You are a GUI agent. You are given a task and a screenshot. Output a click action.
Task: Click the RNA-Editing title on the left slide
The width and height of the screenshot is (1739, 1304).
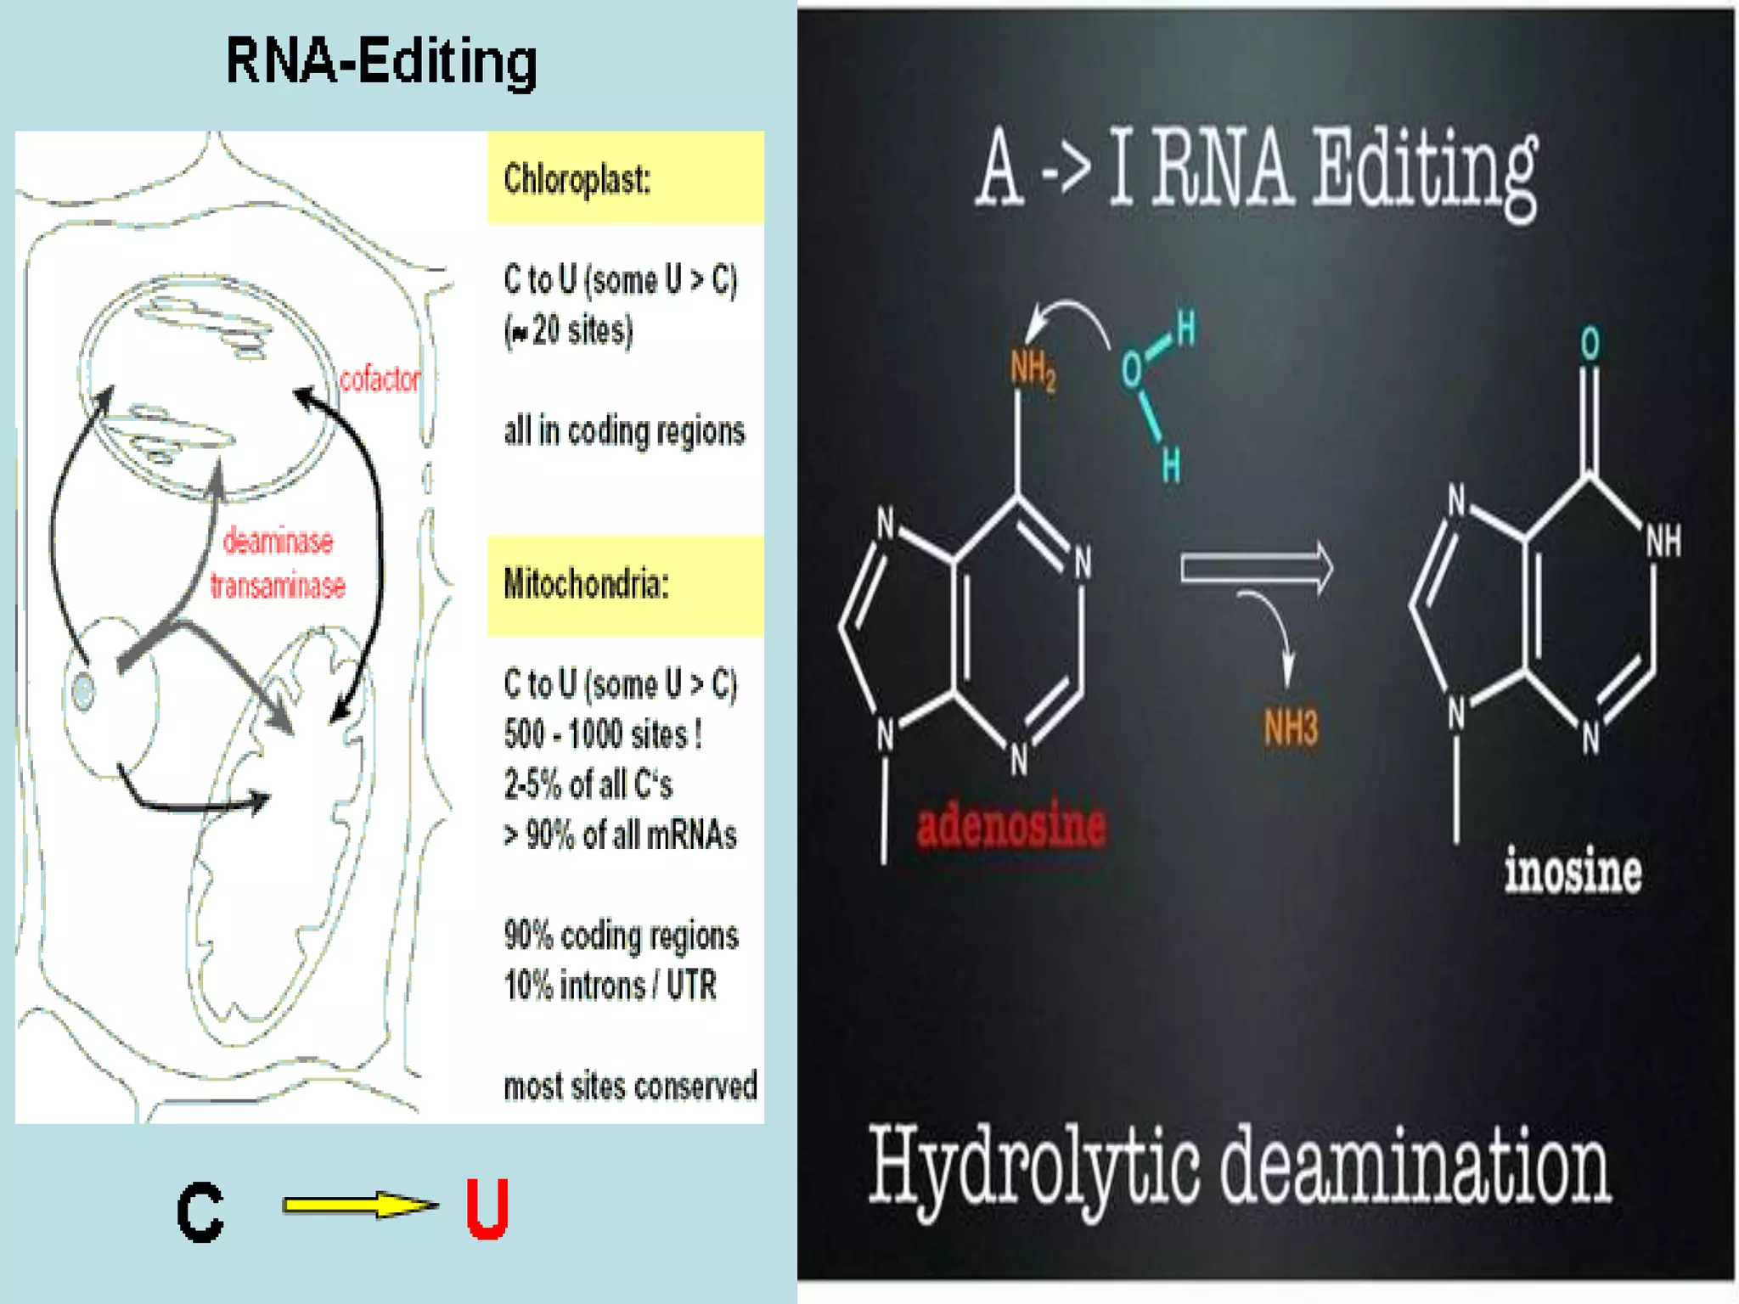[381, 62]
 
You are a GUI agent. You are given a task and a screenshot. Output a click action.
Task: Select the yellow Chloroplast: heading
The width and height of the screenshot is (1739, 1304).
[577, 179]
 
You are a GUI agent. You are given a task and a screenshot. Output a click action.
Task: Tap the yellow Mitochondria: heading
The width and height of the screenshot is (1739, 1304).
[586, 584]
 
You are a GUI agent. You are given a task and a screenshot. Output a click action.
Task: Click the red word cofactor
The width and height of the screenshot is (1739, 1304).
[380, 379]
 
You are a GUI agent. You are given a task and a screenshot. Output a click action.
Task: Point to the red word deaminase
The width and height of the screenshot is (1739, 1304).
[278, 541]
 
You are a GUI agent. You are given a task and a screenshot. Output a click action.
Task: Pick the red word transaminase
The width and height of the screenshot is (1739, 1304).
[278, 586]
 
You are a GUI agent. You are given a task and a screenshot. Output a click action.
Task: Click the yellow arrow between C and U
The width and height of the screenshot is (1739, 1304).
[360, 1205]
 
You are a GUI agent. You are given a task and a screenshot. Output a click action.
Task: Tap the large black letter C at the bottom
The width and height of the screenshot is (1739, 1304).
[200, 1212]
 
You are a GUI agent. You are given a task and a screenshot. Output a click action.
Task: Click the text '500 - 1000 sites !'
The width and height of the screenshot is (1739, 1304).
[603, 734]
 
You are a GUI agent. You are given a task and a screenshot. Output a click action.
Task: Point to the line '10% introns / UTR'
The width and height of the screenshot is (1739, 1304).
[611, 986]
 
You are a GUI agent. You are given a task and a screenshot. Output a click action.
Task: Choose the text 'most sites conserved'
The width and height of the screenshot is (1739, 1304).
[630, 1086]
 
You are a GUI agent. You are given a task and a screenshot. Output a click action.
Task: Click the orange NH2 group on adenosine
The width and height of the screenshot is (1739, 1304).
[1033, 370]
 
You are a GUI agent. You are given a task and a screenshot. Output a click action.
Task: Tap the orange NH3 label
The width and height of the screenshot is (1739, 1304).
[1291, 728]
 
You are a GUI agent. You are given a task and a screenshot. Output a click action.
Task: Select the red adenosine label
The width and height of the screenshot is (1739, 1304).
[1011, 825]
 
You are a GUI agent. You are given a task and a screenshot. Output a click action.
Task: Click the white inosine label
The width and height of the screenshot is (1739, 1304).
[1573, 871]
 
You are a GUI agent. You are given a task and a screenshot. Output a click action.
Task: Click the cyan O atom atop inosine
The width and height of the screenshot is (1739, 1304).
[1590, 344]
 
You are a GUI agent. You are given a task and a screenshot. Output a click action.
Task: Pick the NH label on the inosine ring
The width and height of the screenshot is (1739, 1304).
[1663, 541]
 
